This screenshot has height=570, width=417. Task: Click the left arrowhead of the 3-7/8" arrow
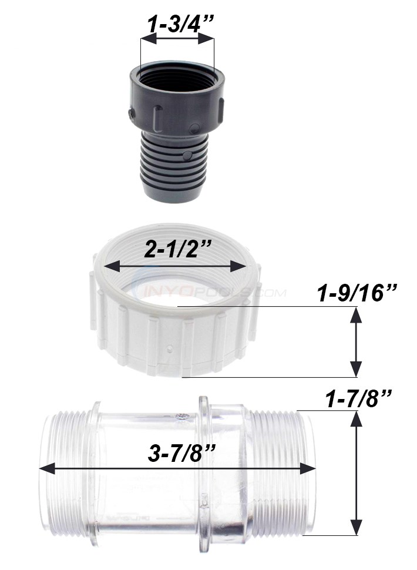[x=45, y=468]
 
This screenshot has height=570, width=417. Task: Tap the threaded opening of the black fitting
[x=176, y=73]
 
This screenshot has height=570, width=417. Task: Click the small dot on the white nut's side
[x=170, y=349]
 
